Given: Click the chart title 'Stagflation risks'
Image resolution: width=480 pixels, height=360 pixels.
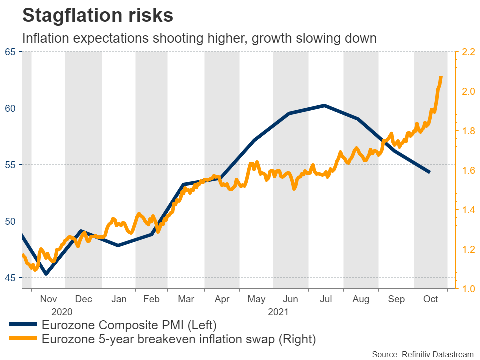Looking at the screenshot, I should point(98,16).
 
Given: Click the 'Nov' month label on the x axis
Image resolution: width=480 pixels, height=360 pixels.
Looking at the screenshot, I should point(48,299).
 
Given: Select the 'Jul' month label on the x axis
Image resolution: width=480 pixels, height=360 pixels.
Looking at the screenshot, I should point(326,299).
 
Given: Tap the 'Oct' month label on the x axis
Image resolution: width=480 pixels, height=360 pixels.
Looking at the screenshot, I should point(430,299).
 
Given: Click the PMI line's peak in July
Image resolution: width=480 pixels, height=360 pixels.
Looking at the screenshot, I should point(324,105).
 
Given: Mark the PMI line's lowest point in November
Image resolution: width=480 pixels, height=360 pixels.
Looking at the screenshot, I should point(46,274).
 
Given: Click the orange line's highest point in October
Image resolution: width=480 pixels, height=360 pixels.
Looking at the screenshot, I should point(441,77).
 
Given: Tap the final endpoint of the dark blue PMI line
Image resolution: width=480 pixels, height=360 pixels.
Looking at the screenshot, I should point(430,172).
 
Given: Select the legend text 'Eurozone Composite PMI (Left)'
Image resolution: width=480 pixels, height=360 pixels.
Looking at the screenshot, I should point(129,325).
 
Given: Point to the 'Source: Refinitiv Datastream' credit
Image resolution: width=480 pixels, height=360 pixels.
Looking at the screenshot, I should point(422,354).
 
